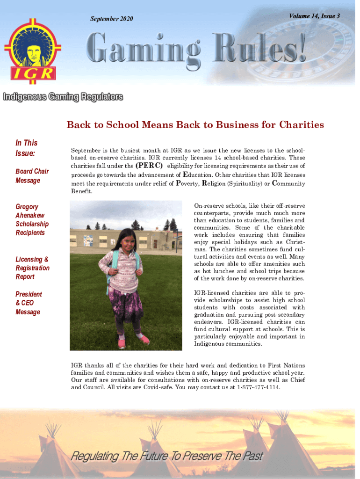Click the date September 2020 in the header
111,19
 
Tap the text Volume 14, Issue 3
314,16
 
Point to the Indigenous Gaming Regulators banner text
63,97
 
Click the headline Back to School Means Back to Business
195,125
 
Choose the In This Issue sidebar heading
26,148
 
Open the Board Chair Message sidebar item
32,176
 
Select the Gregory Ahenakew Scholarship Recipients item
32,219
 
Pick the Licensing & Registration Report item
32,268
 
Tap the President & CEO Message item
29,303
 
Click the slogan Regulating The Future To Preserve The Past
167,456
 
